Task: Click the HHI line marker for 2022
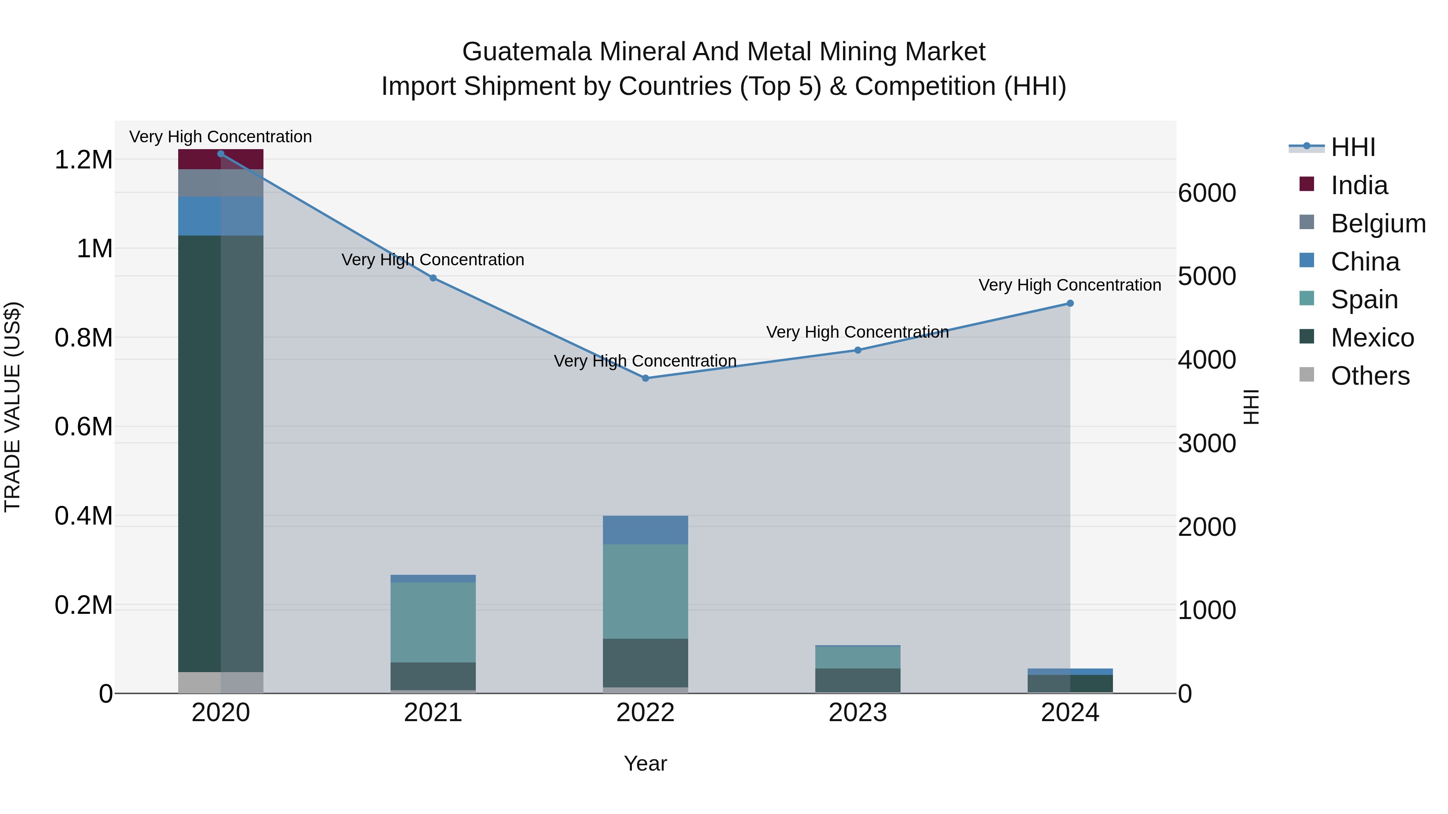tap(645, 378)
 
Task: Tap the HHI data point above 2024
tap(1070, 303)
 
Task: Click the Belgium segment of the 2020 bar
tap(220, 182)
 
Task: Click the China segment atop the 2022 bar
tap(645, 530)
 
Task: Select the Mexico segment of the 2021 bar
tap(433, 676)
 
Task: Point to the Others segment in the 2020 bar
tap(220, 682)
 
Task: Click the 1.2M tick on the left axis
tap(83, 160)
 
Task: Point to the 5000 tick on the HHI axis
tap(1207, 277)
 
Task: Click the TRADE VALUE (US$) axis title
tap(12, 407)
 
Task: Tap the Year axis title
tap(645, 763)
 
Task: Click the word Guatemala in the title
tap(527, 52)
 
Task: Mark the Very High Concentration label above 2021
tap(433, 260)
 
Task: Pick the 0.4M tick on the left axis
tap(83, 516)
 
